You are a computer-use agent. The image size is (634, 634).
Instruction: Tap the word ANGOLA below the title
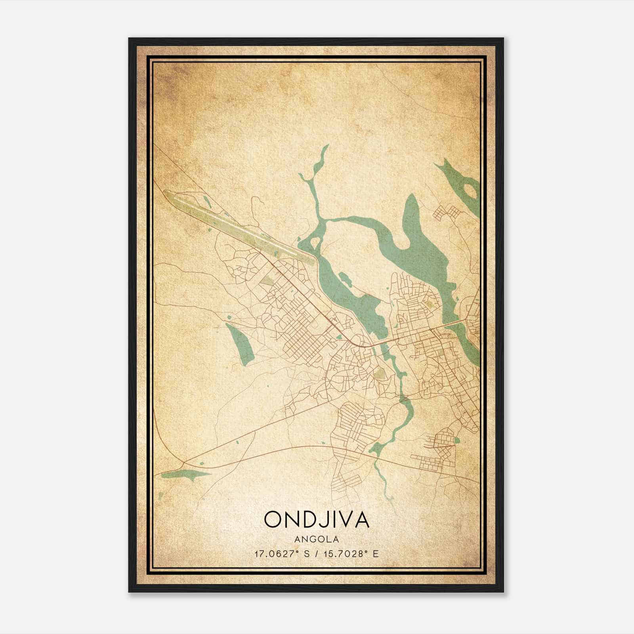tap(316, 539)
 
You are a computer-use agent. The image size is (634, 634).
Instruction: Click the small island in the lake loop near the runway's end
tap(315, 241)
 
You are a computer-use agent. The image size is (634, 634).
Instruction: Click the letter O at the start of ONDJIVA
tap(273, 519)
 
